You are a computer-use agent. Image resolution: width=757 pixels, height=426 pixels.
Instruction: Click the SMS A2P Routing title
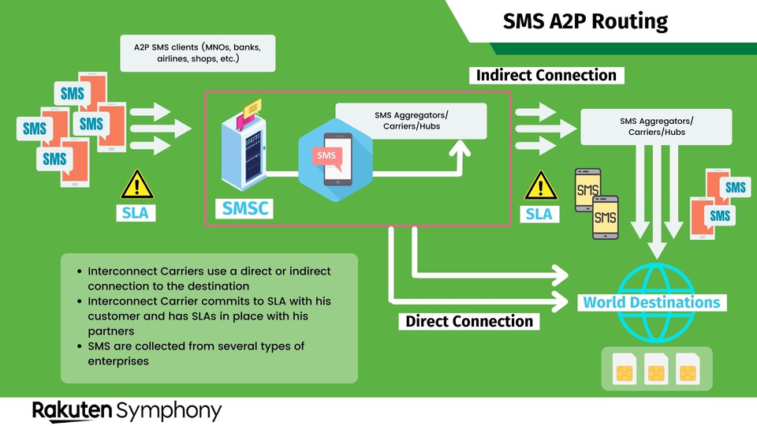pos(585,21)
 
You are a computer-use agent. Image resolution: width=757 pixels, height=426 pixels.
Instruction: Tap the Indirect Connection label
pos(545,76)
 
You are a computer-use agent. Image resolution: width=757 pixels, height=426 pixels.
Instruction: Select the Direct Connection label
pos(469,321)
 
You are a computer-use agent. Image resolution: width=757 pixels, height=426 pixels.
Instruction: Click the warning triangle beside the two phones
pos(539,186)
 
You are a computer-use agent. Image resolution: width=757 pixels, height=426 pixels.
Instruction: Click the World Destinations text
pos(651,302)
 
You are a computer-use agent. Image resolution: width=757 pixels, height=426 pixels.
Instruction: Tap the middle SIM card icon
pos(657,368)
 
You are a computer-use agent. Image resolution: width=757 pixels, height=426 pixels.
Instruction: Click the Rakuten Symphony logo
pos(126,410)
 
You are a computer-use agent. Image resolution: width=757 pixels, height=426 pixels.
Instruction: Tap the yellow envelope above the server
pos(252,107)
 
